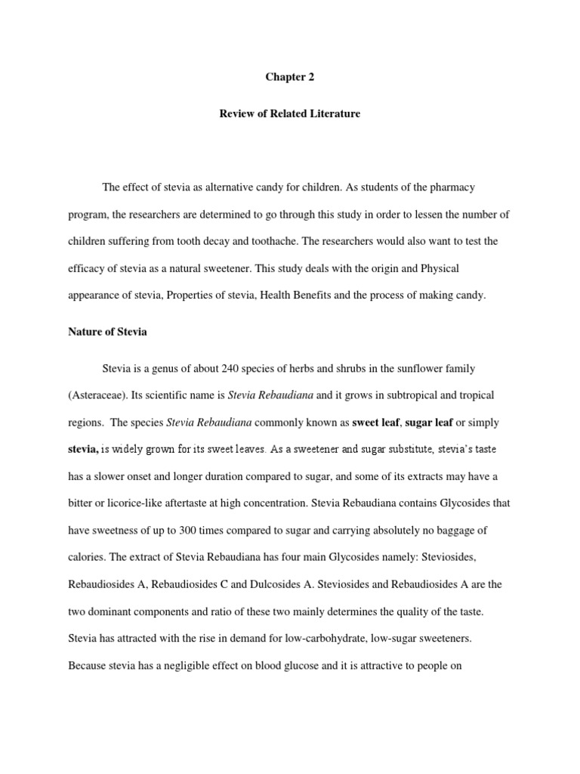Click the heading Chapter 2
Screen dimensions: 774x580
[289, 77]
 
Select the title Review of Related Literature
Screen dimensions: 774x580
[289, 114]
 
